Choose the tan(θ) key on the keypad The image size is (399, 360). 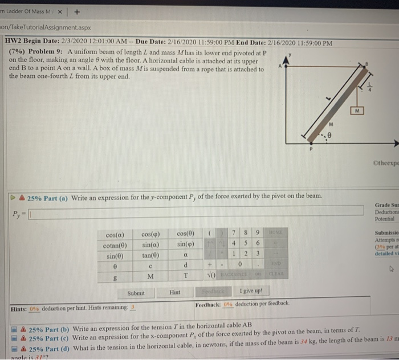149,255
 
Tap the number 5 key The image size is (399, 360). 245,244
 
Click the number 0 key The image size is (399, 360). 245,265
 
